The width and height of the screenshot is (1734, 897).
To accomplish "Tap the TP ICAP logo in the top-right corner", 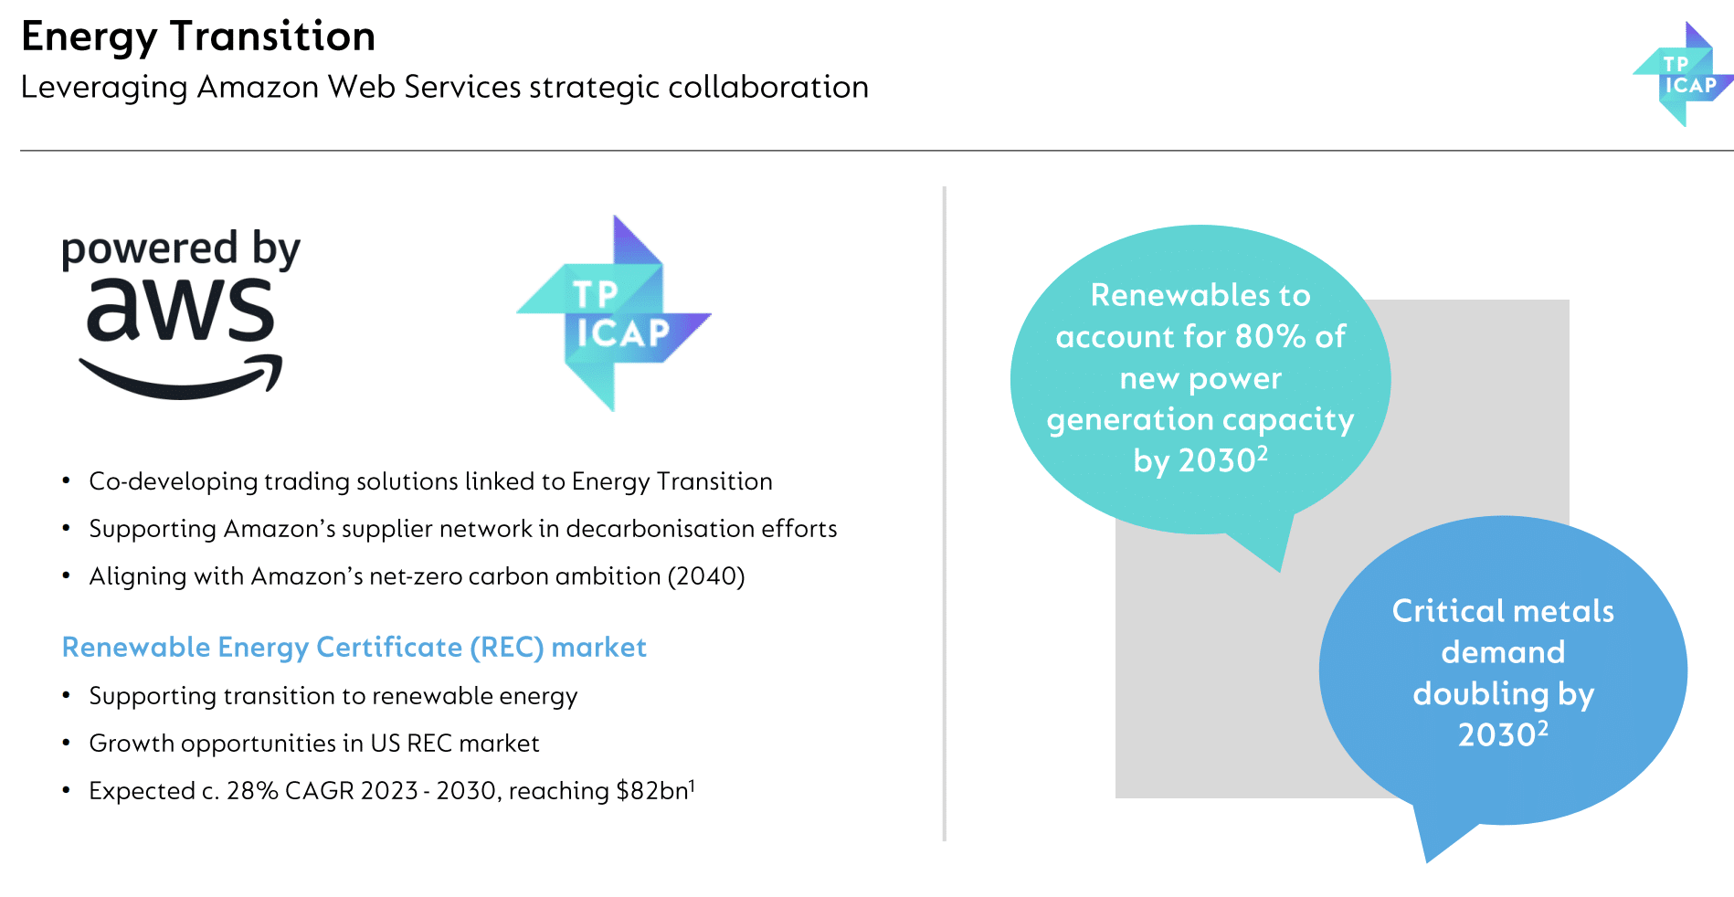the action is [x=1683, y=74].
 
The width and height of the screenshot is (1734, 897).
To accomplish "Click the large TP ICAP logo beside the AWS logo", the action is [x=614, y=313].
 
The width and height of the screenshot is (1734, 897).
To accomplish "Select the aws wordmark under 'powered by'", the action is [x=180, y=310].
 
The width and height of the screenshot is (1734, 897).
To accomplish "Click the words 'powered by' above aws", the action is [x=181, y=249].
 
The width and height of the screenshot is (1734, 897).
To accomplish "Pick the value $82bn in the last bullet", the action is [x=652, y=790].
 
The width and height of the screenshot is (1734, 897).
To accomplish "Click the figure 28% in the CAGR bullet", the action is [x=252, y=790].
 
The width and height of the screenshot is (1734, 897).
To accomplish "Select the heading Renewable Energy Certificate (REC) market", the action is [x=354, y=648].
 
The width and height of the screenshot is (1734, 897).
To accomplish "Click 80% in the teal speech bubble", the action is [x=1270, y=337].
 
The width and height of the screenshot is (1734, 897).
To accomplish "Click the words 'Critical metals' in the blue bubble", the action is [x=1503, y=611].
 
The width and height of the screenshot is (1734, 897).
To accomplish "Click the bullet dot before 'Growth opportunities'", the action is [x=66, y=743].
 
